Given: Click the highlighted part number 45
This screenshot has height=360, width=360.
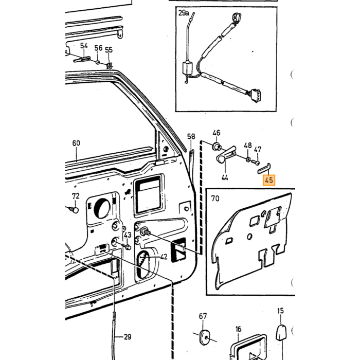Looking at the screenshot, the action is tap(269, 180).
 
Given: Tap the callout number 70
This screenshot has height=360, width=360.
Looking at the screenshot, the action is tap(215, 199).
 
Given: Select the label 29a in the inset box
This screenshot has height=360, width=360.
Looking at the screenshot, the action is tap(184, 13).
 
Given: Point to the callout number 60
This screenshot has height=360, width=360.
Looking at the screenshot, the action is tap(76, 143).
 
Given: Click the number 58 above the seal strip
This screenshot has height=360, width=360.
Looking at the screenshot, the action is tap(191, 137).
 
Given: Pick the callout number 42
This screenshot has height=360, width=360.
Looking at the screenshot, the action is tap(164, 257).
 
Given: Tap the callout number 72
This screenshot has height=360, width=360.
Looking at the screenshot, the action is tap(76, 196).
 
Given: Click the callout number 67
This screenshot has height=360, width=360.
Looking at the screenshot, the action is tap(203, 316).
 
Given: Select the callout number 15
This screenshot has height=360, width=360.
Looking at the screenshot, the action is tap(281, 311).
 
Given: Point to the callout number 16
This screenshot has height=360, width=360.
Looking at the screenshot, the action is tap(238, 329).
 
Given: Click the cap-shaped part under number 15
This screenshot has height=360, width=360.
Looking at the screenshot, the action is tap(281, 333).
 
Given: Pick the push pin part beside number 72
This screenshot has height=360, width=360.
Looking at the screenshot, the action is tap(74, 210).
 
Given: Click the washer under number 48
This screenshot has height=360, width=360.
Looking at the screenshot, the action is tap(248, 159).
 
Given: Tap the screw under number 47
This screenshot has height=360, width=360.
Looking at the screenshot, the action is tap(256, 162).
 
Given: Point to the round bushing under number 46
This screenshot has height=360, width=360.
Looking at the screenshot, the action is tap(217, 146).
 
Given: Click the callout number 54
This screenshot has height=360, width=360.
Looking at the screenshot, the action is tap(84, 46).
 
